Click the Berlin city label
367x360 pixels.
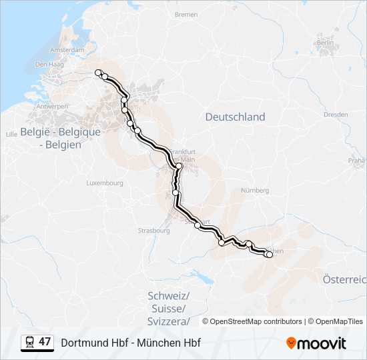326,43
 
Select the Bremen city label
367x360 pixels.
186,14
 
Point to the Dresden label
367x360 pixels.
336,115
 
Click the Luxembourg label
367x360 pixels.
105,183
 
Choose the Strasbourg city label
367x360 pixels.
154,231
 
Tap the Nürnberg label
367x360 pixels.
254,190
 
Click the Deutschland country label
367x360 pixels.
235,117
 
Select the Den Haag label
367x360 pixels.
48,65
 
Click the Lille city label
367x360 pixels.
11,134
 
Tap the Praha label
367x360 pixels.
356,161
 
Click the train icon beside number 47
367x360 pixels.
30,343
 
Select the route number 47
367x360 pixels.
45,343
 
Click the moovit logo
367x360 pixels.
316,343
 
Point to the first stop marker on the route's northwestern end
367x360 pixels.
98,72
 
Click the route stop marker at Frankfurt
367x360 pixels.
179,166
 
